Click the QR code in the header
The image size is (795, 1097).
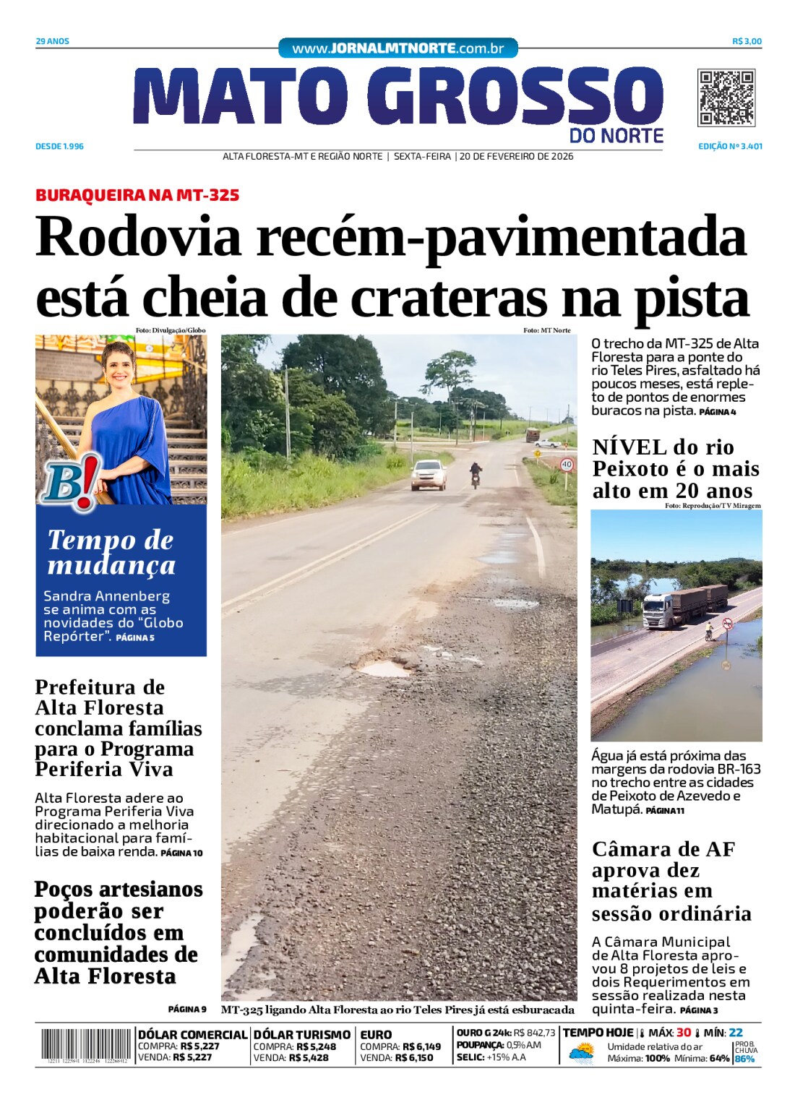726,98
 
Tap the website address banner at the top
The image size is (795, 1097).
397,48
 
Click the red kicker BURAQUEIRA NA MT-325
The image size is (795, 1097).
137,195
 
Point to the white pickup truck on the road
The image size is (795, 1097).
429,474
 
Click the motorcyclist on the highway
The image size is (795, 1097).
476,475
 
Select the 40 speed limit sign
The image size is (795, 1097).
567,465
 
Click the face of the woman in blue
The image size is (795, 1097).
119,368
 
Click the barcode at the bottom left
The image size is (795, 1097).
85,1045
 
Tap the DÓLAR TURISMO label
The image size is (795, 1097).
301,1035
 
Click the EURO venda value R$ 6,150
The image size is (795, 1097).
418,1057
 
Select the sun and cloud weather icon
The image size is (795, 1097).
581,1052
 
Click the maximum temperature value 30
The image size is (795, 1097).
683,1033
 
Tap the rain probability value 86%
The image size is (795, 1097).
744,1059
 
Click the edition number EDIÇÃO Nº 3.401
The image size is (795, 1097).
730,146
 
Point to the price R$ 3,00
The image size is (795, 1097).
747,41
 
